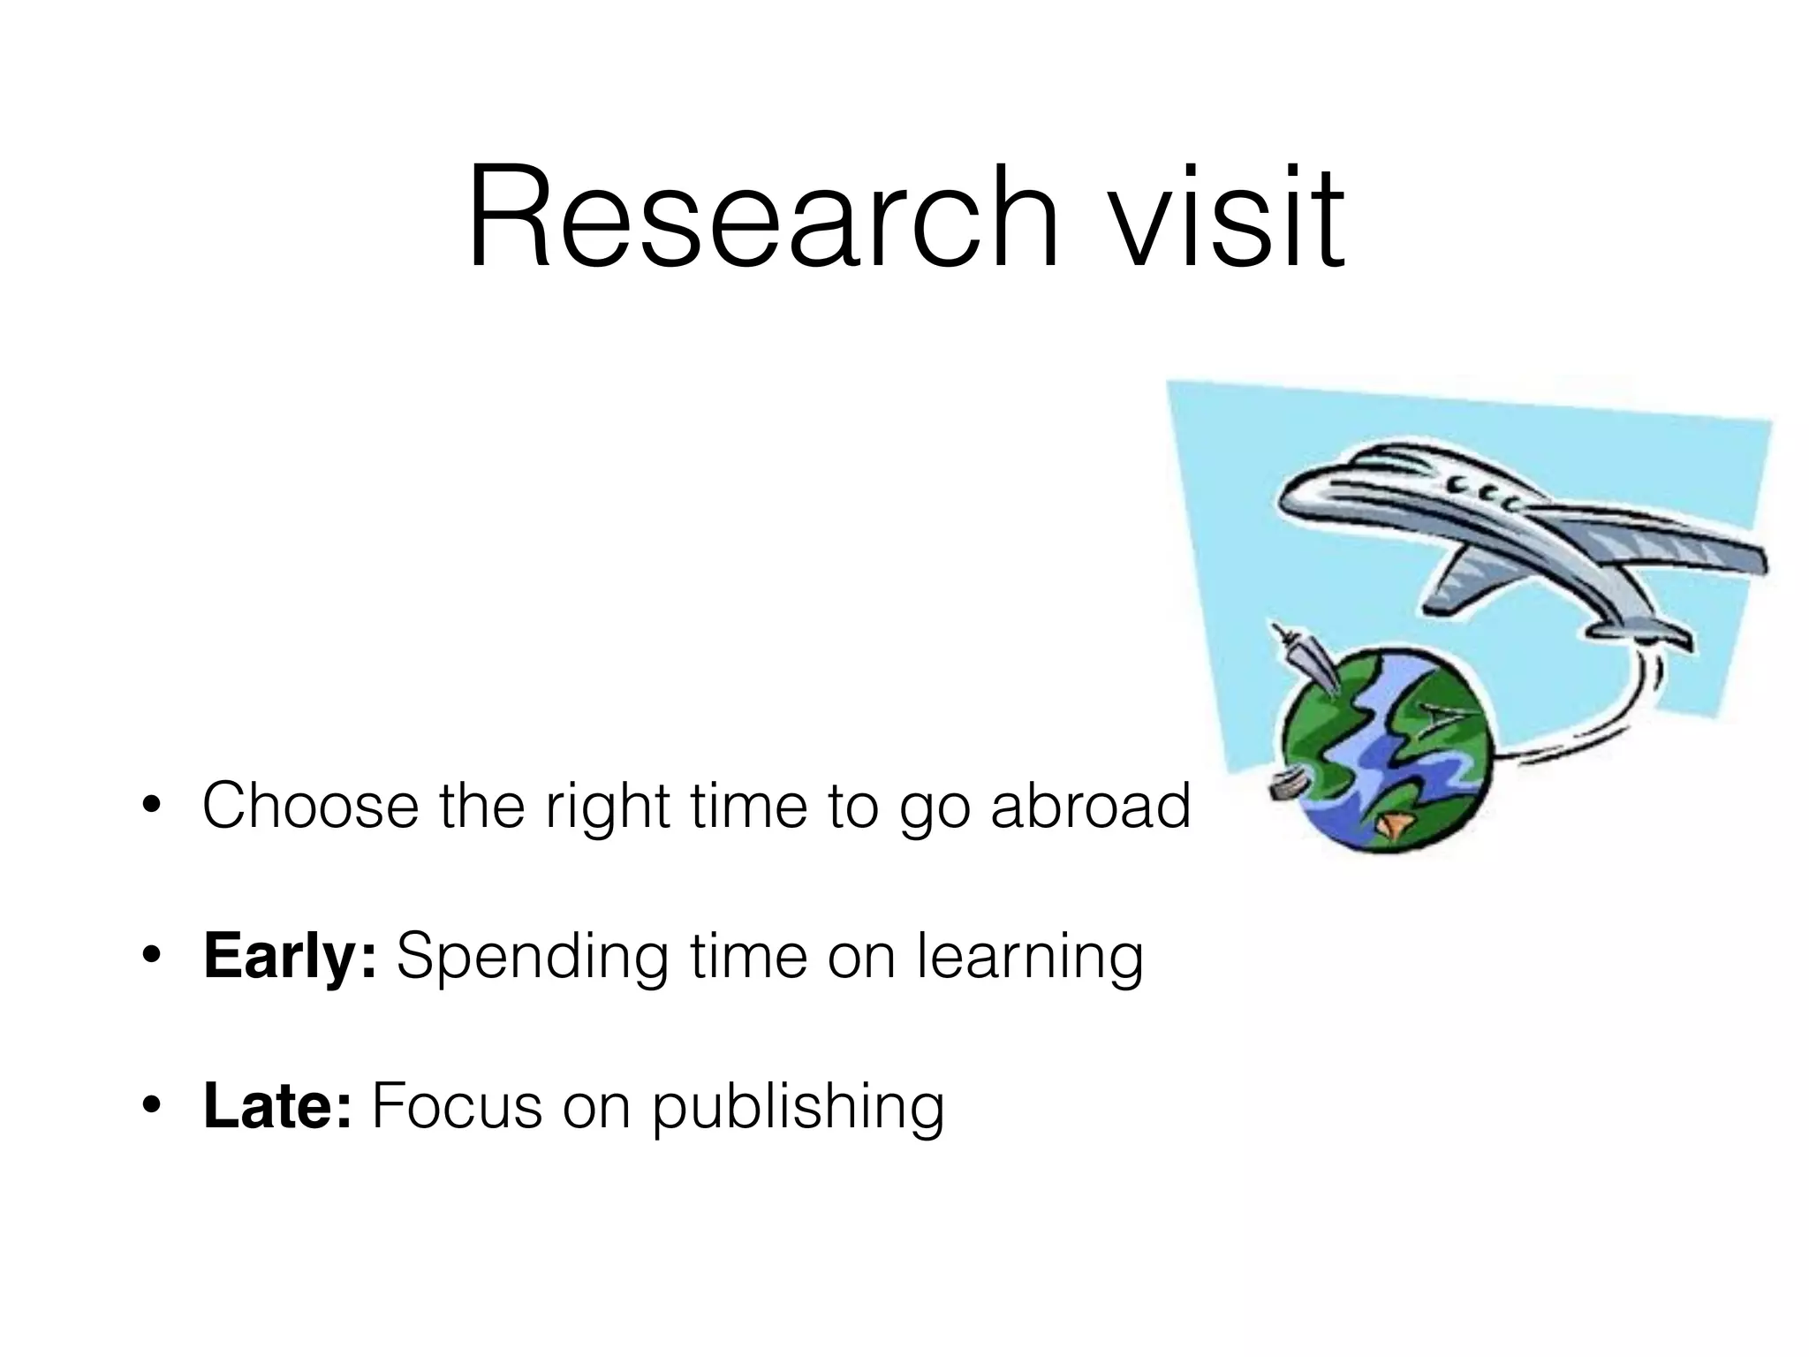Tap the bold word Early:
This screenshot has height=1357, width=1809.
point(290,957)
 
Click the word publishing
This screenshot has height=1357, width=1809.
point(799,1108)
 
